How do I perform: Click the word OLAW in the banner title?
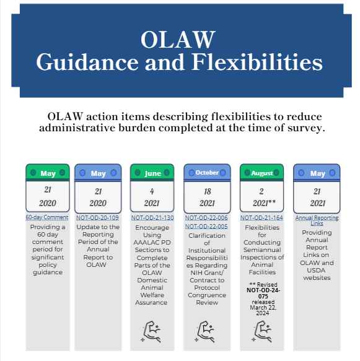point(178,40)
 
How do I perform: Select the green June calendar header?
point(152,173)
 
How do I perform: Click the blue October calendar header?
point(207,173)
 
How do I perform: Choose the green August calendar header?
point(262,173)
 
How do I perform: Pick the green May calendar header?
point(48,173)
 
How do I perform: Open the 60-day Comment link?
point(48,218)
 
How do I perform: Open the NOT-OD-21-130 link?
point(152,218)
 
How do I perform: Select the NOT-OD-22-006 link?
point(207,218)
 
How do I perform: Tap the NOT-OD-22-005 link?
point(207,227)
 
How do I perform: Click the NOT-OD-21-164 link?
point(261,218)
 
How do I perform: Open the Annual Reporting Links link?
point(317,220)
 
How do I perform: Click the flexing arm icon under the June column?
point(152,331)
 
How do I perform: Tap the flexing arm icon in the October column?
point(206,331)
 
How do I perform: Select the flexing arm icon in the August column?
point(261,331)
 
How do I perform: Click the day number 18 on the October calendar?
point(207,191)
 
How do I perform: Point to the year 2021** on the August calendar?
point(261,203)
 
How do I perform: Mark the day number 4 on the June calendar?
point(152,191)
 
